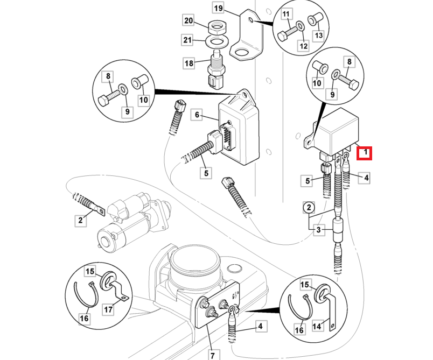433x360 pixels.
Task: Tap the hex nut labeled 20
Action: click(x=216, y=25)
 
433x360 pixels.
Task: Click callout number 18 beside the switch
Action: click(x=188, y=63)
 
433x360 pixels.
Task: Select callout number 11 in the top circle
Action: click(x=285, y=13)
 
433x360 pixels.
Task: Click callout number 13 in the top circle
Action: click(x=318, y=36)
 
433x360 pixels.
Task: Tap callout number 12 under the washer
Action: click(x=303, y=46)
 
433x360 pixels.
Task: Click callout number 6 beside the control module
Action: click(x=197, y=115)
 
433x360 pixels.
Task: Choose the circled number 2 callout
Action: click(x=309, y=207)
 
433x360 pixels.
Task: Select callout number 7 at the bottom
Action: click(x=212, y=355)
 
